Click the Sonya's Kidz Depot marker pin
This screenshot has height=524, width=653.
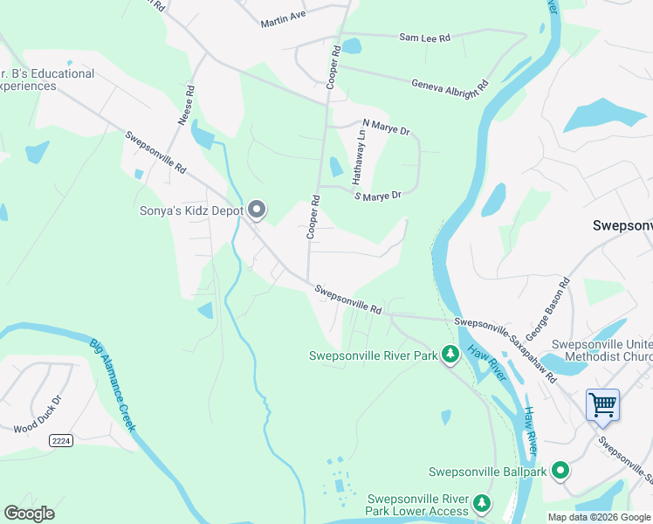(256, 210)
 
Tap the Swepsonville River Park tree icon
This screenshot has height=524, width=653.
(450, 355)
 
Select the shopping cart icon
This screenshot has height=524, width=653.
(602, 405)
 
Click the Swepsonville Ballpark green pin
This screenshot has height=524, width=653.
(560, 472)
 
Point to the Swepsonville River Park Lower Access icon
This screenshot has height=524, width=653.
(480, 503)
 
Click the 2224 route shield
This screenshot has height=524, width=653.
(60, 441)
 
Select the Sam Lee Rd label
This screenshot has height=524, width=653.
(424, 38)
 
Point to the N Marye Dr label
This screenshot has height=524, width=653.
(386, 128)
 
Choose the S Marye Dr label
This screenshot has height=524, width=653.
(377, 196)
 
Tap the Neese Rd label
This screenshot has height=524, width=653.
(186, 105)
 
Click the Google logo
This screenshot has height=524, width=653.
(29, 514)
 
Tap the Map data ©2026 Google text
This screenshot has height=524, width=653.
(599, 517)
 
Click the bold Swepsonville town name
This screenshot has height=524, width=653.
(622, 224)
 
